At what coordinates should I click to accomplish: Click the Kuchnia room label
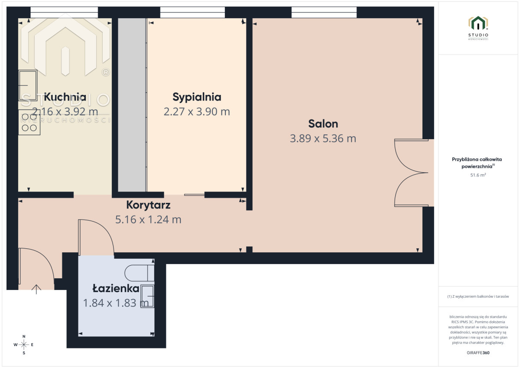click(65, 97)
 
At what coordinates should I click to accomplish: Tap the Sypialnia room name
click(197, 97)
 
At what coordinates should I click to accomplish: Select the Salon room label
click(323, 124)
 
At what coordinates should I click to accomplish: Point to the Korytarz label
click(148, 205)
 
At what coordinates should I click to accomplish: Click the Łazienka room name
click(116, 288)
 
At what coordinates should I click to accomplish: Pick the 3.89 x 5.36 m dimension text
click(323, 138)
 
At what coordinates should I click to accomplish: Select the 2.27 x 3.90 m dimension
click(197, 112)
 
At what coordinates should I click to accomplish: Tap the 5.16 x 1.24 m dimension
click(148, 220)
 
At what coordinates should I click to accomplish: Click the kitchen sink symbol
click(28, 85)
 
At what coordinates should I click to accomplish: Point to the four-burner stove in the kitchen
click(29, 122)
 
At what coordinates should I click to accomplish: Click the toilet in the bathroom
click(139, 273)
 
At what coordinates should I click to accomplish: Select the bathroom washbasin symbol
click(147, 296)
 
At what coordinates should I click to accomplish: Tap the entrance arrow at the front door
click(36, 290)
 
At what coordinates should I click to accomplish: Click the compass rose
click(24, 345)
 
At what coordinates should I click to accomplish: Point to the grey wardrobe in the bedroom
click(132, 105)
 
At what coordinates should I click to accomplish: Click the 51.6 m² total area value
click(478, 175)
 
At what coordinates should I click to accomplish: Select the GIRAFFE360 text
click(478, 353)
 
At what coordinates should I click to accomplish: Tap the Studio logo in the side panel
click(478, 28)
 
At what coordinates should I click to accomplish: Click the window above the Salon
click(324, 12)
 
